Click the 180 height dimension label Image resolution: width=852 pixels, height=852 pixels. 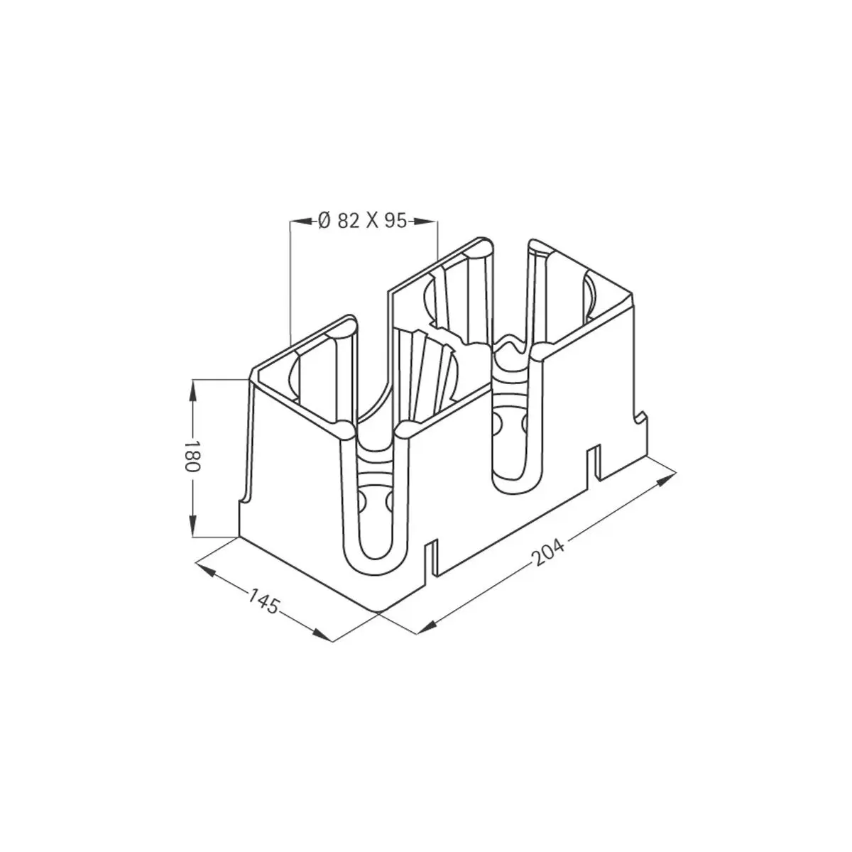(192, 456)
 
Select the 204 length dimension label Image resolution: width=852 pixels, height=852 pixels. (550, 553)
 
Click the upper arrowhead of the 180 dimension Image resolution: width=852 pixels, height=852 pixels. (193, 391)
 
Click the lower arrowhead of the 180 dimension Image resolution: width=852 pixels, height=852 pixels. (193, 526)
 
